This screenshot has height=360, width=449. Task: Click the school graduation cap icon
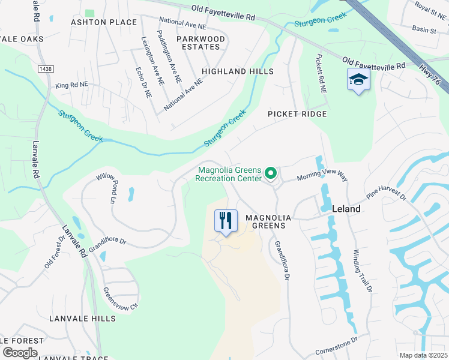click(358, 80)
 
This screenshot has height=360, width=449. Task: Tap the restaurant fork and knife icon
click(226, 220)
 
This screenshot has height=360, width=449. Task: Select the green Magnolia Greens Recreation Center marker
click(271, 174)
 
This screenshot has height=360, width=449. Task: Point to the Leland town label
click(346, 209)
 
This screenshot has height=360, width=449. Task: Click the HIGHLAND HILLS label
click(237, 71)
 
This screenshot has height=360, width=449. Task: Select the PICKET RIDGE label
click(297, 114)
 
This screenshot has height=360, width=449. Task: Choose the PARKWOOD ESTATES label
click(201, 43)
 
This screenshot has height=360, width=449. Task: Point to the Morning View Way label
click(322, 175)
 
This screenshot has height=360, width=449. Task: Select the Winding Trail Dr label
click(363, 271)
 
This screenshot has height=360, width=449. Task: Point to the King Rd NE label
click(71, 86)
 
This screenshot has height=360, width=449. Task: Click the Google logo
click(19, 352)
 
